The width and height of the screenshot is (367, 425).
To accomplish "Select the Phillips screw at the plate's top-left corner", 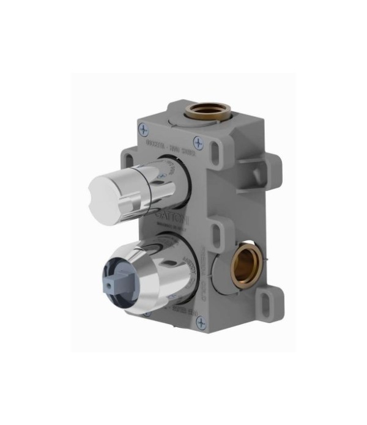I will [144, 130].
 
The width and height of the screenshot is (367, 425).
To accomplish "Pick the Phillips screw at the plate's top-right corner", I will [198, 142].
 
